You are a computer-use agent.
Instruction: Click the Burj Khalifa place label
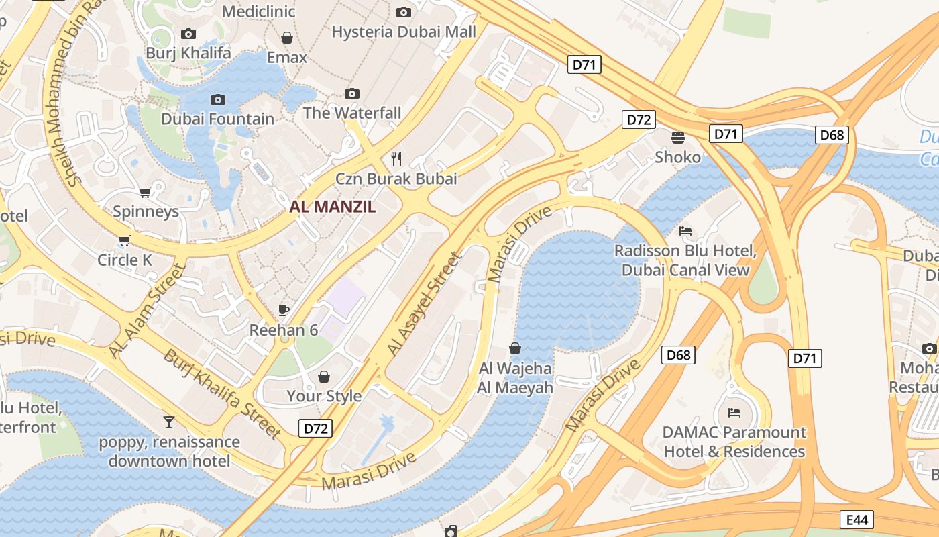[188, 52]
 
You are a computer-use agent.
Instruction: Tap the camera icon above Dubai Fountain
[218, 100]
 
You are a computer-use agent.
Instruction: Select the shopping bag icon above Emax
[287, 38]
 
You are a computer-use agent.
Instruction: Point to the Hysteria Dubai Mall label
[404, 32]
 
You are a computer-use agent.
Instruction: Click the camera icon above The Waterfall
[352, 93]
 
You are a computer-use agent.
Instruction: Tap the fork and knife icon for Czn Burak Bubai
[396, 159]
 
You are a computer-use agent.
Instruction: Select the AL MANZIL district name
[333, 207]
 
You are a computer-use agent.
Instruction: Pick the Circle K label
[125, 260]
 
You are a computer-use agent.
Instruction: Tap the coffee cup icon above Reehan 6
[284, 310]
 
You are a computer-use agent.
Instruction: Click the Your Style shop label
[324, 396]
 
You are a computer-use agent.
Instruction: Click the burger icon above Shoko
[678, 138]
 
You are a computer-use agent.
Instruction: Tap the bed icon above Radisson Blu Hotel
[685, 231]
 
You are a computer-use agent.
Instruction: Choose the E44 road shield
[857, 519]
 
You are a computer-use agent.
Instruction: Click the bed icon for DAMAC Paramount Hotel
[734, 412]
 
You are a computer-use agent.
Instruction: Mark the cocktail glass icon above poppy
[169, 422]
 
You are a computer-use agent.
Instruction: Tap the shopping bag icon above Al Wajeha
[515, 348]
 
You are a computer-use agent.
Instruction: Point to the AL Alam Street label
[146, 311]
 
